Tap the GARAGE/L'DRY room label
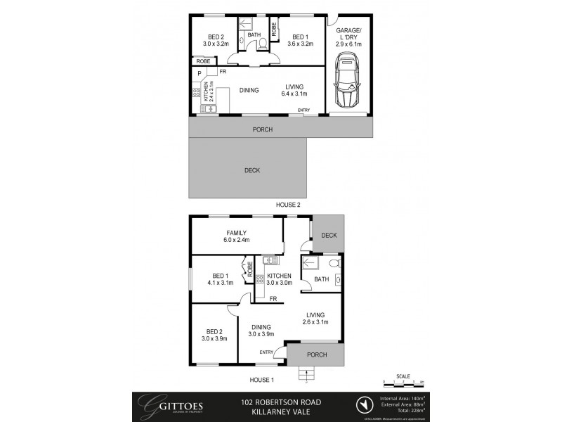(349, 37)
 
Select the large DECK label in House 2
(252, 170)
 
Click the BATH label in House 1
(321, 299)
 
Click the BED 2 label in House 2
(214, 41)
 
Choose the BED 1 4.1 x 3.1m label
(220, 279)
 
